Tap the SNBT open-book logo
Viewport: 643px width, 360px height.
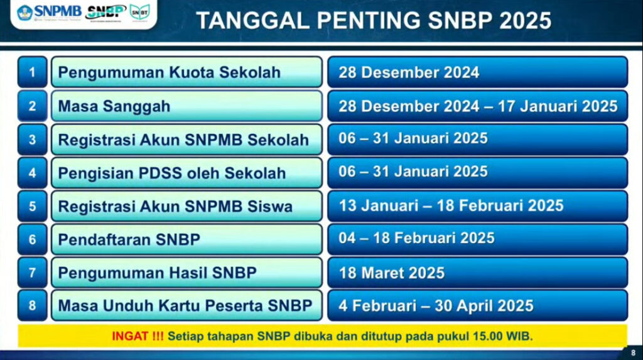[140, 13]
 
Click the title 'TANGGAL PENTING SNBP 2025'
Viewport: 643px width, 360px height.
[374, 21]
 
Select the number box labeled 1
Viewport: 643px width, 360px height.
[33, 72]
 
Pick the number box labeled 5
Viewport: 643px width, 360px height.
[33, 206]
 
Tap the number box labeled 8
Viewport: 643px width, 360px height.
[33, 305]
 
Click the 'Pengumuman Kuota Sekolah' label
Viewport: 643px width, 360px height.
[169, 73]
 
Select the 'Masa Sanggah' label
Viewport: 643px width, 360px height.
[114, 106]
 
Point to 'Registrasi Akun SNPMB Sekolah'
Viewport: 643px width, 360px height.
[183, 140]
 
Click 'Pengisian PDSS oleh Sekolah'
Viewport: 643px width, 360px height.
[172, 173]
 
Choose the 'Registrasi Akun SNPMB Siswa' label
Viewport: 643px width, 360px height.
[175, 206]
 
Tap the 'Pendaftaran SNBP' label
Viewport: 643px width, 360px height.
[129, 239]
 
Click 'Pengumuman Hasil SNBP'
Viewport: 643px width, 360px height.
[158, 273]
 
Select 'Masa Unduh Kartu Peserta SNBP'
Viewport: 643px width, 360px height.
[185, 306]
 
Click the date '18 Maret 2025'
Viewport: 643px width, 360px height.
[392, 273]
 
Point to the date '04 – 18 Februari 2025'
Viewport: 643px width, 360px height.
[417, 238]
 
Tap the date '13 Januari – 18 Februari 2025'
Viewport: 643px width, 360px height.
[451, 205]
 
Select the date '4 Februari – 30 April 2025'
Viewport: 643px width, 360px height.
[436, 306]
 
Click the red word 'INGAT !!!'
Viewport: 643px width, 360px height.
[138, 336]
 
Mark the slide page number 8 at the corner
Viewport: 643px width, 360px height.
[633, 352]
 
